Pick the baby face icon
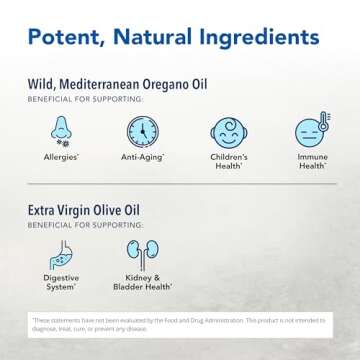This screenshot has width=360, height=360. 227,132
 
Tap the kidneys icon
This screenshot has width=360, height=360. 144,254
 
